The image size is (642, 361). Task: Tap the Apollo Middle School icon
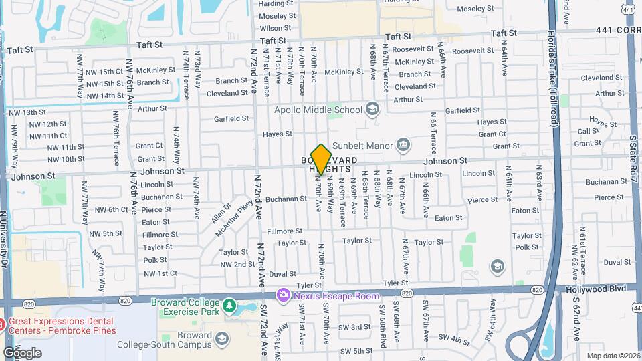tap(372, 109)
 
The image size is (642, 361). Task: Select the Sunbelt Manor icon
tap(403, 144)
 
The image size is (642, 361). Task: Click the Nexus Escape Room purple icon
tap(284, 295)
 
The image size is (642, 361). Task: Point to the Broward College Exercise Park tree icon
tap(229, 306)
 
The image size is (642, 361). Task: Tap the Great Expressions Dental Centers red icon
tap(3, 322)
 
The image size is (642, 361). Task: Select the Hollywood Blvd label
tap(597, 287)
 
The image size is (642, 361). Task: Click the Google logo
tap(22, 352)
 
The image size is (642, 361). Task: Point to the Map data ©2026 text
tap(613, 356)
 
